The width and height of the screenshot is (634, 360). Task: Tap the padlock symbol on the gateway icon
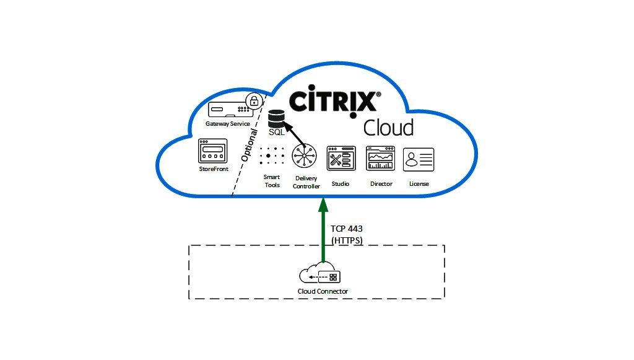click(254, 101)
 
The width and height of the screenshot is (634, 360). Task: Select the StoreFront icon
click(213, 151)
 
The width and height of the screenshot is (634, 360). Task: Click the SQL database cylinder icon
click(277, 118)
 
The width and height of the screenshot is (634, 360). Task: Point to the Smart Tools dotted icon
click(272, 156)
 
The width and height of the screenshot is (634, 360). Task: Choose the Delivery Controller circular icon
click(304, 156)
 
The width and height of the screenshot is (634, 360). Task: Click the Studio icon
click(341, 158)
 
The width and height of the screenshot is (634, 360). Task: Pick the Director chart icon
click(380, 158)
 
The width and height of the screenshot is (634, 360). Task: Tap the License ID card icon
click(419, 159)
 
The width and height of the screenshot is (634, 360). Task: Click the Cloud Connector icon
click(320, 272)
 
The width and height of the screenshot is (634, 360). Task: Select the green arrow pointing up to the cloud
click(323, 230)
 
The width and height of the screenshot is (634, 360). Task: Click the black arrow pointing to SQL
click(294, 134)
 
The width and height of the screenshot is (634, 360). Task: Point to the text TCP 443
click(347, 229)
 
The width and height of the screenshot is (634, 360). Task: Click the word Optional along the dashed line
click(249, 145)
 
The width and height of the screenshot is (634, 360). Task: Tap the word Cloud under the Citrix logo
click(389, 128)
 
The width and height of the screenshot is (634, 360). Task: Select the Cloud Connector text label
click(323, 291)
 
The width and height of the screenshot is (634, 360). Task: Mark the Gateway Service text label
click(228, 124)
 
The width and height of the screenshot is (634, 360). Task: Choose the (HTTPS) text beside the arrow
click(347, 240)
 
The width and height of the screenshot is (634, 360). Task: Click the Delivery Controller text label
click(306, 182)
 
